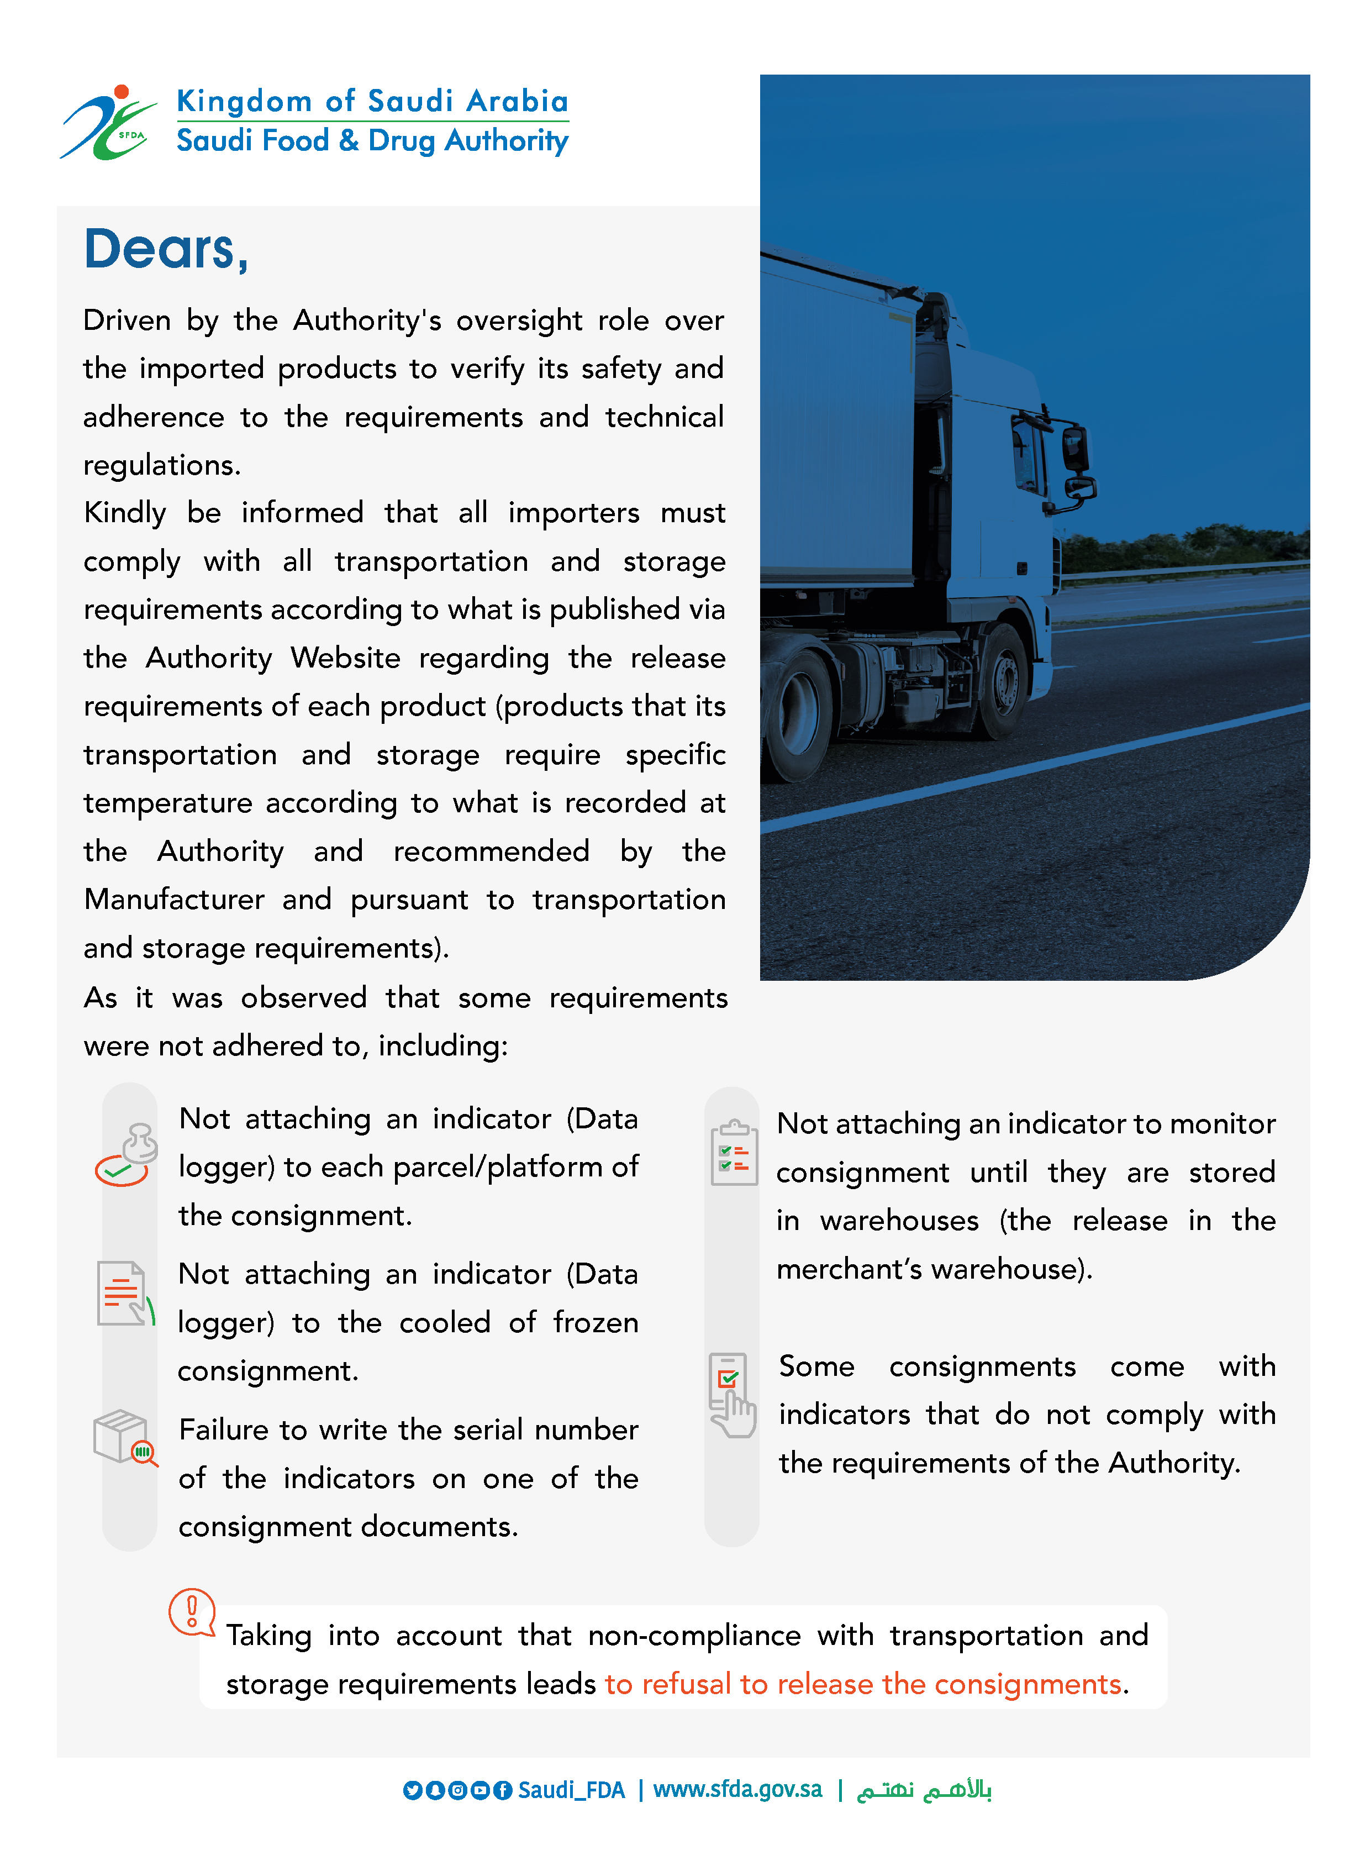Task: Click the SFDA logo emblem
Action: (108, 124)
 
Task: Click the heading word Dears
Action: (166, 249)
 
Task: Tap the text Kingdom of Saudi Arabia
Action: (372, 101)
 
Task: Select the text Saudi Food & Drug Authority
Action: (372, 141)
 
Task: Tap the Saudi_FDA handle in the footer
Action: (571, 1790)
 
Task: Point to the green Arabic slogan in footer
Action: (924, 1790)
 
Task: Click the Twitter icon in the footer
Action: (412, 1790)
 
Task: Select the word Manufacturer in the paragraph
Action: (174, 899)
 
